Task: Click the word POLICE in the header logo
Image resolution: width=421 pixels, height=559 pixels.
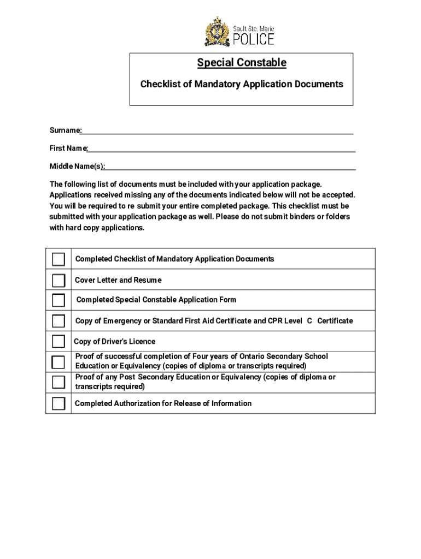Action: pyautogui.click(x=254, y=39)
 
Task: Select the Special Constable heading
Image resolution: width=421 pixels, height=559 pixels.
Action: pyautogui.click(x=242, y=63)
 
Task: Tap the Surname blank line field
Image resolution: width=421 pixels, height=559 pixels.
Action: pyautogui.click(x=218, y=131)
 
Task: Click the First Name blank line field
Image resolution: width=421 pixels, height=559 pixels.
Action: pyautogui.click(x=221, y=148)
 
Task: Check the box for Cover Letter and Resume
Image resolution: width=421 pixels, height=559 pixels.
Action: pyautogui.click(x=59, y=280)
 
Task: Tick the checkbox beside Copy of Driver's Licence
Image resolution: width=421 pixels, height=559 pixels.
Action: pyautogui.click(x=59, y=341)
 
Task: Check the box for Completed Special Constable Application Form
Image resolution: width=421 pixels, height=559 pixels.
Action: pyautogui.click(x=59, y=300)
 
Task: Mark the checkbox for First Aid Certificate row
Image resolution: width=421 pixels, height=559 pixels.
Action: pyautogui.click(x=59, y=320)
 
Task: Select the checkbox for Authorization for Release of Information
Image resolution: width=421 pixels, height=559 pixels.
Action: pyautogui.click(x=59, y=403)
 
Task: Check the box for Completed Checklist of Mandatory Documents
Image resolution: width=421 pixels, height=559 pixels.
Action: pyautogui.click(x=59, y=259)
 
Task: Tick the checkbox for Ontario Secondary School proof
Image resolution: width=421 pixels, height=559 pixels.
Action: pyautogui.click(x=58, y=361)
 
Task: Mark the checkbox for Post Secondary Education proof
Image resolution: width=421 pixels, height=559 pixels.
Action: pyautogui.click(x=59, y=382)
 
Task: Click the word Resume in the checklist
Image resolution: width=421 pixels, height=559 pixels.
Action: pyautogui.click(x=148, y=280)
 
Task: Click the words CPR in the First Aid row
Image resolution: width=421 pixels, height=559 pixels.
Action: pyautogui.click(x=274, y=321)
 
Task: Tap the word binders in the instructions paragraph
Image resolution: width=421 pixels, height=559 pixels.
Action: pyautogui.click(x=291, y=217)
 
